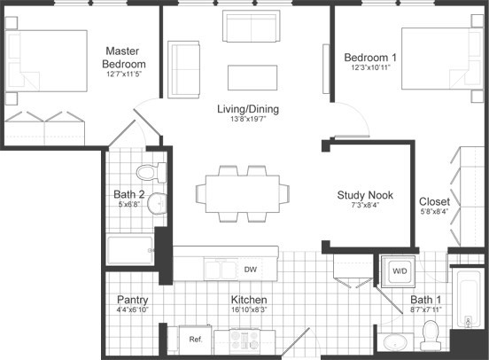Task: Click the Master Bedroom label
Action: point(125,58)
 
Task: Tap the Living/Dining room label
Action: point(247,109)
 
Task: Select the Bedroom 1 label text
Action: point(370,59)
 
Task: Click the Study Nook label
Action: point(365,195)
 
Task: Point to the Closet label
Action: point(434,201)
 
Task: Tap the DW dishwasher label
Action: point(251,269)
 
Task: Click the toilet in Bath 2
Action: point(151,169)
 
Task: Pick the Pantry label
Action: point(132,300)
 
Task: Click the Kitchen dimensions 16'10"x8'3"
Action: point(249,310)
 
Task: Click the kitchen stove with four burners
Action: point(244,339)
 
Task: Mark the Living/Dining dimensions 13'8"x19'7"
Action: point(247,120)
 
